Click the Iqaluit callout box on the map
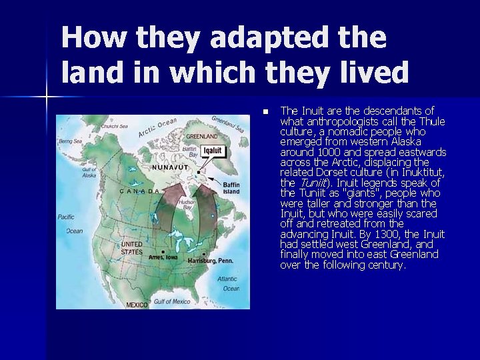coord(212,151)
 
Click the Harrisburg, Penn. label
coord(214,261)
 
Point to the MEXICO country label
coord(137,305)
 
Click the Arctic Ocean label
coord(159,126)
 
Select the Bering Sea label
coord(71,141)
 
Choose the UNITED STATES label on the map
coord(132,248)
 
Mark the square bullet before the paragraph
coord(265,111)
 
